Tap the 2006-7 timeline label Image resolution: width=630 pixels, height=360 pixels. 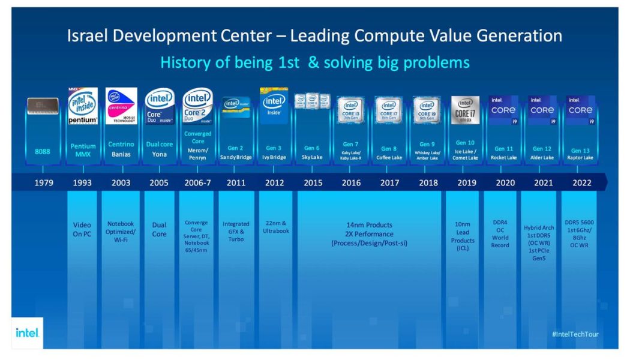click(197, 183)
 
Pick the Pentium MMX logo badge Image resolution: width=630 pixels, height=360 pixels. click(83, 106)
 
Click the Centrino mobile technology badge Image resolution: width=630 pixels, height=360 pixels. click(121, 106)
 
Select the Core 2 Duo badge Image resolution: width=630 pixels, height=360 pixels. click(197, 106)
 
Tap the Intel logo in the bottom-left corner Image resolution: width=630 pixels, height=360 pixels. click(28, 332)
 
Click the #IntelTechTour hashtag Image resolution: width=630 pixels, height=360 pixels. click(575, 334)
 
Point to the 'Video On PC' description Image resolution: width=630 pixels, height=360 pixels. click(82, 230)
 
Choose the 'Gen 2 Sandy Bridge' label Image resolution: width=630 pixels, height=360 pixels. click(236, 152)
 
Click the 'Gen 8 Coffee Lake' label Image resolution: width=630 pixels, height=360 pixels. click(389, 153)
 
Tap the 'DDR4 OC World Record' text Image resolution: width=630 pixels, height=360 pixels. click(500, 233)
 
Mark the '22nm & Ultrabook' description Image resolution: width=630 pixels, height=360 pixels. click(275, 227)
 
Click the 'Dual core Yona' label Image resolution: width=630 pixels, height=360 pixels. click(160, 149)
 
